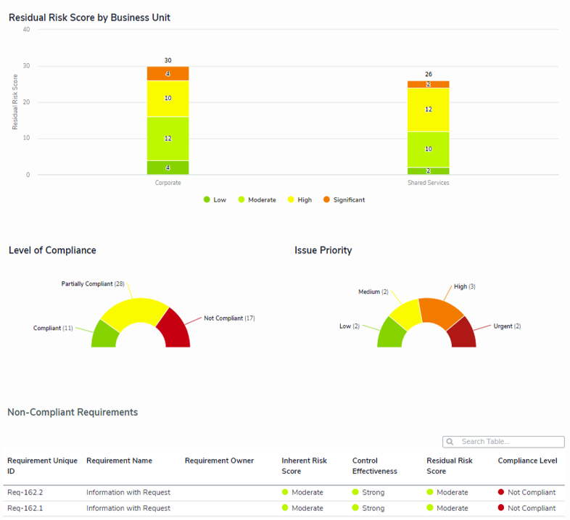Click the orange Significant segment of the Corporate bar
(x=168, y=73)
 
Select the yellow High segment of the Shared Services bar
(x=428, y=110)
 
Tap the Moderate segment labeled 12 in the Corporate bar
(x=168, y=138)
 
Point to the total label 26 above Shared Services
(x=428, y=74)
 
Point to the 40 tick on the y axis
(x=26, y=30)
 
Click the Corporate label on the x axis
(x=168, y=183)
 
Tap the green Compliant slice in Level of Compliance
(x=105, y=334)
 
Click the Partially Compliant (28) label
(x=93, y=284)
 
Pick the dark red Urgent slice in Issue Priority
(x=462, y=334)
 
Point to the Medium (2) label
(x=373, y=292)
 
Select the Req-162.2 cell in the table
(x=25, y=492)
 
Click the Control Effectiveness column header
(x=374, y=466)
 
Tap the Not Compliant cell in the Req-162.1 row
(x=531, y=508)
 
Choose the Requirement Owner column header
(x=219, y=461)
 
